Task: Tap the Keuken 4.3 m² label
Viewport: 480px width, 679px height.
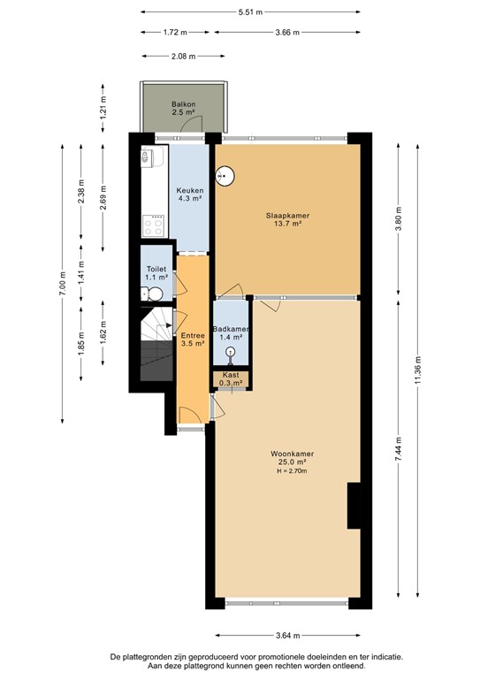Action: [x=190, y=195]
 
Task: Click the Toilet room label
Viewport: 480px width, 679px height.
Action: [x=156, y=272]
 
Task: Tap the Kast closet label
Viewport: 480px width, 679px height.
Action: [x=231, y=378]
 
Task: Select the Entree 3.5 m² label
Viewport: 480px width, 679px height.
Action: [x=192, y=339]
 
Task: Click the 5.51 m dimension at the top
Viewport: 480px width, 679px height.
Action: [x=249, y=11]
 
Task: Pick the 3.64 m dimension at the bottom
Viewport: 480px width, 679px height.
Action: [x=287, y=636]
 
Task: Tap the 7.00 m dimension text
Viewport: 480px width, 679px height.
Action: [x=61, y=281]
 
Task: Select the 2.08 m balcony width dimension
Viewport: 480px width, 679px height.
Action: [x=184, y=56]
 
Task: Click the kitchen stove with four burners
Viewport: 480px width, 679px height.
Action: [x=155, y=224]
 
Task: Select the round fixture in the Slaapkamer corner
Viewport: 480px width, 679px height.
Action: [x=225, y=174]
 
